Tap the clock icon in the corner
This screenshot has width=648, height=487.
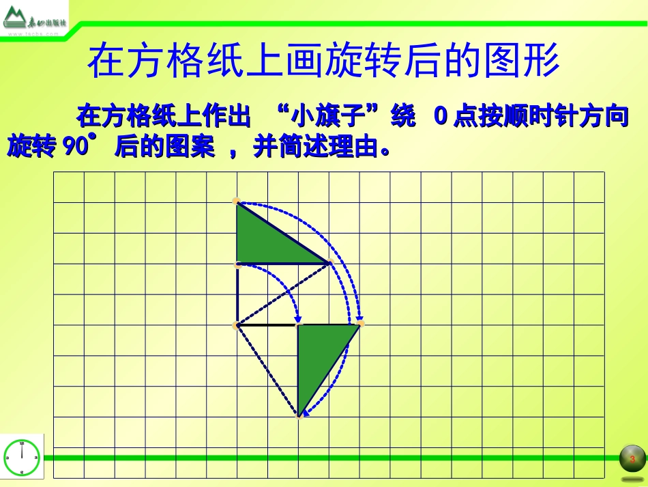coord(22,457)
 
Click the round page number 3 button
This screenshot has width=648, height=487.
coord(632,458)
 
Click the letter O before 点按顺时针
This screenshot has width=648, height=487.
coord(441,117)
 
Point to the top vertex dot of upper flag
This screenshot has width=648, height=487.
coord(236,201)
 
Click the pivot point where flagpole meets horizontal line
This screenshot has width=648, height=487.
coord(236,325)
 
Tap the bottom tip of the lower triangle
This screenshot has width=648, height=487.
coord(299,415)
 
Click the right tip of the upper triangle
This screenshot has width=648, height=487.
coord(329,263)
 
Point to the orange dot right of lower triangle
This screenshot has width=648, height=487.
coord(361,323)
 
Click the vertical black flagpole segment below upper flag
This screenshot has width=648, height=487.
coord(237,294)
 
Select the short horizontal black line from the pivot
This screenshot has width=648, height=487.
coord(267,325)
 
